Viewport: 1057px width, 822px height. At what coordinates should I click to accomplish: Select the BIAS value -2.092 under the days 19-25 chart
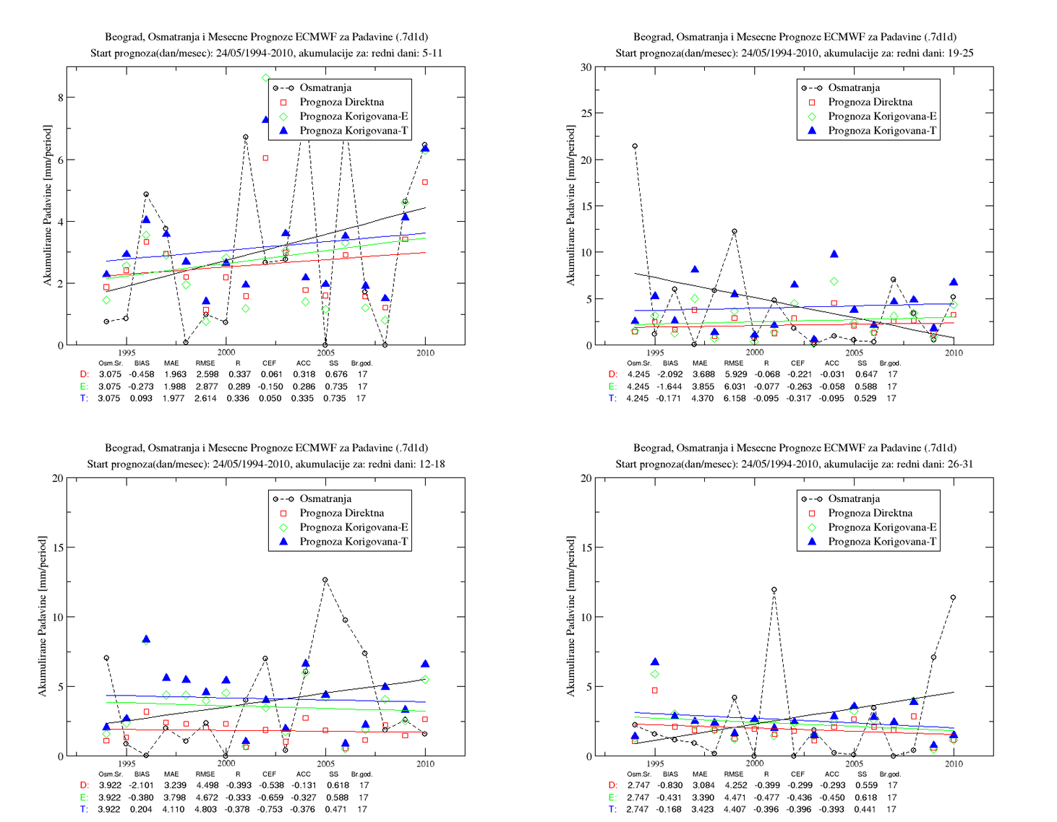click(669, 374)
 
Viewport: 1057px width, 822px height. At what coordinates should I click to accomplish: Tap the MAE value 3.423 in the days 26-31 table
click(703, 809)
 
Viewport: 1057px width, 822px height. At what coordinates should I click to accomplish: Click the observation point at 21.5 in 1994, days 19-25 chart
click(635, 146)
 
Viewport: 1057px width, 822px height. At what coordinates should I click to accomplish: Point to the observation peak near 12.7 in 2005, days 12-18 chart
click(325, 579)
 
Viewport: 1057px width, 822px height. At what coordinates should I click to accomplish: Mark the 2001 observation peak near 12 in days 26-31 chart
click(774, 589)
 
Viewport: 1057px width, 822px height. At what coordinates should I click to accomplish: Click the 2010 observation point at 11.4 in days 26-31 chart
click(954, 597)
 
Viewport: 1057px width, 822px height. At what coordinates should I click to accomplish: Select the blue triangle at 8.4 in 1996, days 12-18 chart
click(146, 639)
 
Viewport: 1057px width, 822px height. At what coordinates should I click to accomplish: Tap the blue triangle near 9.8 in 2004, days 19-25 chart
click(834, 254)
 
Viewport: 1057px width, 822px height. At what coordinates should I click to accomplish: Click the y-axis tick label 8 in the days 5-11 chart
click(60, 98)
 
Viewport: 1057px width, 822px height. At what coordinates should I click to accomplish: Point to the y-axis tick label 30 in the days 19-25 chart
click(586, 67)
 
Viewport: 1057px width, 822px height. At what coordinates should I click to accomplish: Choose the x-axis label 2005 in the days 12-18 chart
click(325, 763)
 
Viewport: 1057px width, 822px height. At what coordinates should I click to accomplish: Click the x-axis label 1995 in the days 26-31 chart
click(655, 763)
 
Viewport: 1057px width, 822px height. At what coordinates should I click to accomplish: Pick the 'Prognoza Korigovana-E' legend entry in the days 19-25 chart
click(873, 116)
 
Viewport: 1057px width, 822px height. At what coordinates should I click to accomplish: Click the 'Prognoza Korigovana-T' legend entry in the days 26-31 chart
click(873, 542)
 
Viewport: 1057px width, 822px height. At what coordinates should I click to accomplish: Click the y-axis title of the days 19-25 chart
click(570, 205)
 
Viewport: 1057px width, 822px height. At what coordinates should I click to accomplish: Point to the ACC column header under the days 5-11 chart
click(304, 363)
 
